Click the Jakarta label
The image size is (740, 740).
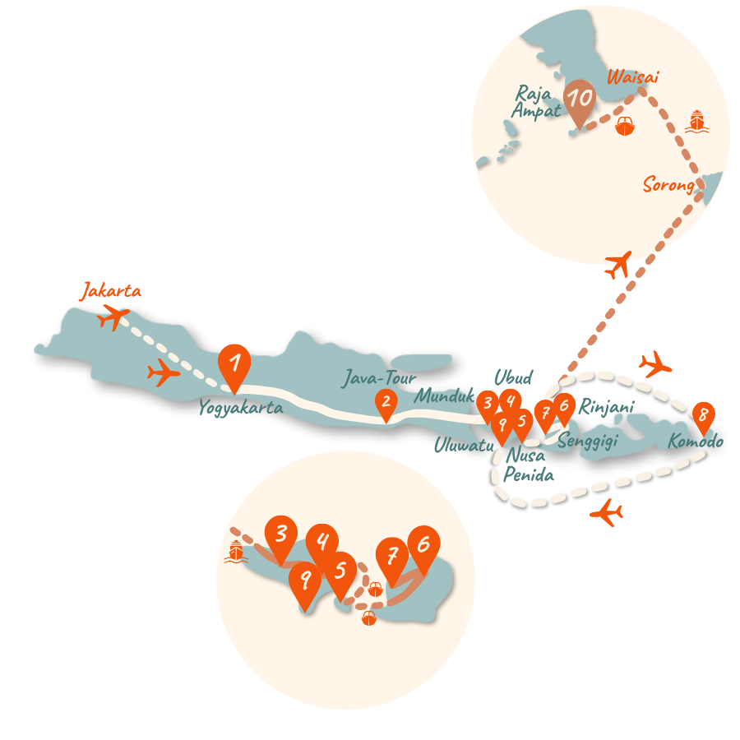(x=111, y=292)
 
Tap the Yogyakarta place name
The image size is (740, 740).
(x=241, y=408)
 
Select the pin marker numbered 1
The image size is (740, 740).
(x=234, y=363)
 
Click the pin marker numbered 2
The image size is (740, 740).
(x=385, y=403)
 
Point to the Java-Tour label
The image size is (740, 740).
(x=379, y=380)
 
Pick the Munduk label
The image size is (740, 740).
(x=445, y=396)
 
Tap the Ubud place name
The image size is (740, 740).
(x=513, y=378)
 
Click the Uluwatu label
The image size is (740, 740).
(x=464, y=445)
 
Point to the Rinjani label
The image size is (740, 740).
(x=607, y=407)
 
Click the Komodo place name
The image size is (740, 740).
(x=696, y=442)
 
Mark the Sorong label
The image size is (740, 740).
(x=668, y=186)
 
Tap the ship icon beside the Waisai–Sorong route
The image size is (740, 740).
(x=697, y=122)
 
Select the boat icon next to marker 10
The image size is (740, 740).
(x=625, y=127)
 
